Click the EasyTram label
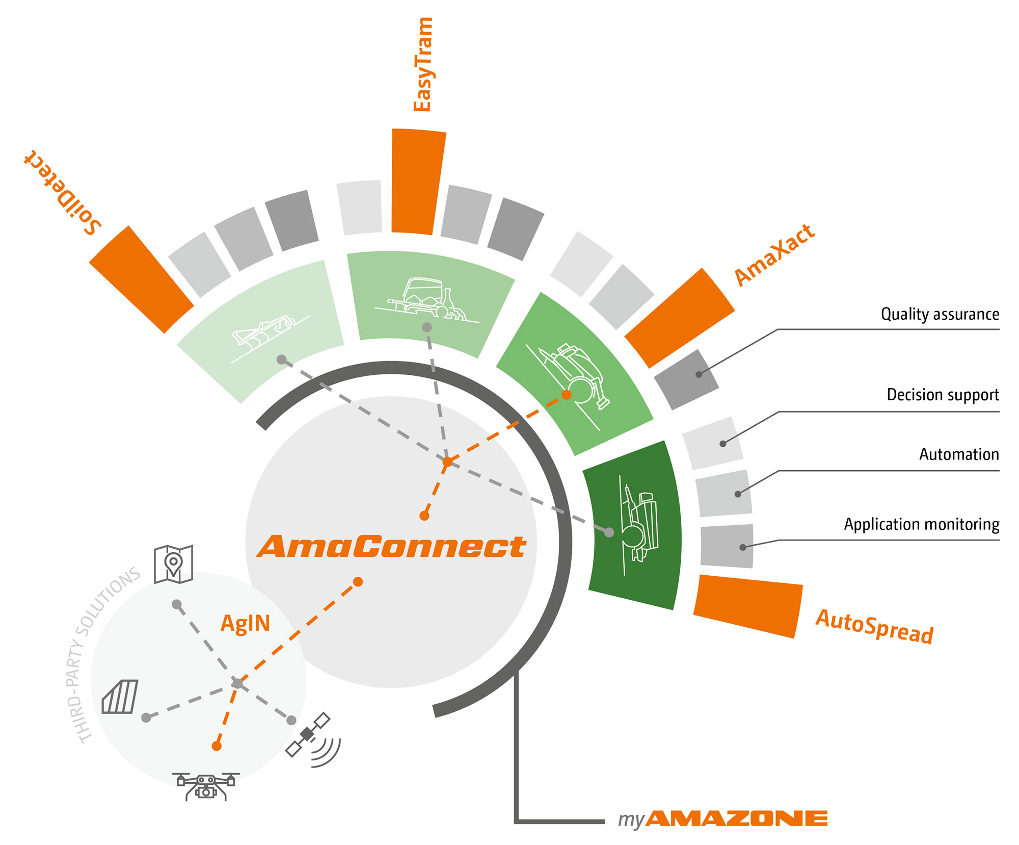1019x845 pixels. pos(423,64)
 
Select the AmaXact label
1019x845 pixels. pos(774,254)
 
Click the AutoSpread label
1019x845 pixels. pos(874,627)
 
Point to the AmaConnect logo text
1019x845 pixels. pos(391,546)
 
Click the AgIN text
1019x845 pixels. pos(245,623)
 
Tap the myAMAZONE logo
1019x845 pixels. pos(722,819)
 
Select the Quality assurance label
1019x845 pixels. pos(940,314)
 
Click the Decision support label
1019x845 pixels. pos(943,395)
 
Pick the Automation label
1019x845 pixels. pos(959,454)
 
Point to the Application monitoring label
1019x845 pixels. pos(921,524)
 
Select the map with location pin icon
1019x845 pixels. pos(173,564)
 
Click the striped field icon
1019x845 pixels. pos(120,697)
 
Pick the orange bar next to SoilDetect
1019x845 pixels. pos(141,279)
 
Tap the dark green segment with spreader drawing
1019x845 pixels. pos(632,525)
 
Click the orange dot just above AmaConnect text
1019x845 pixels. pos(424,516)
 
